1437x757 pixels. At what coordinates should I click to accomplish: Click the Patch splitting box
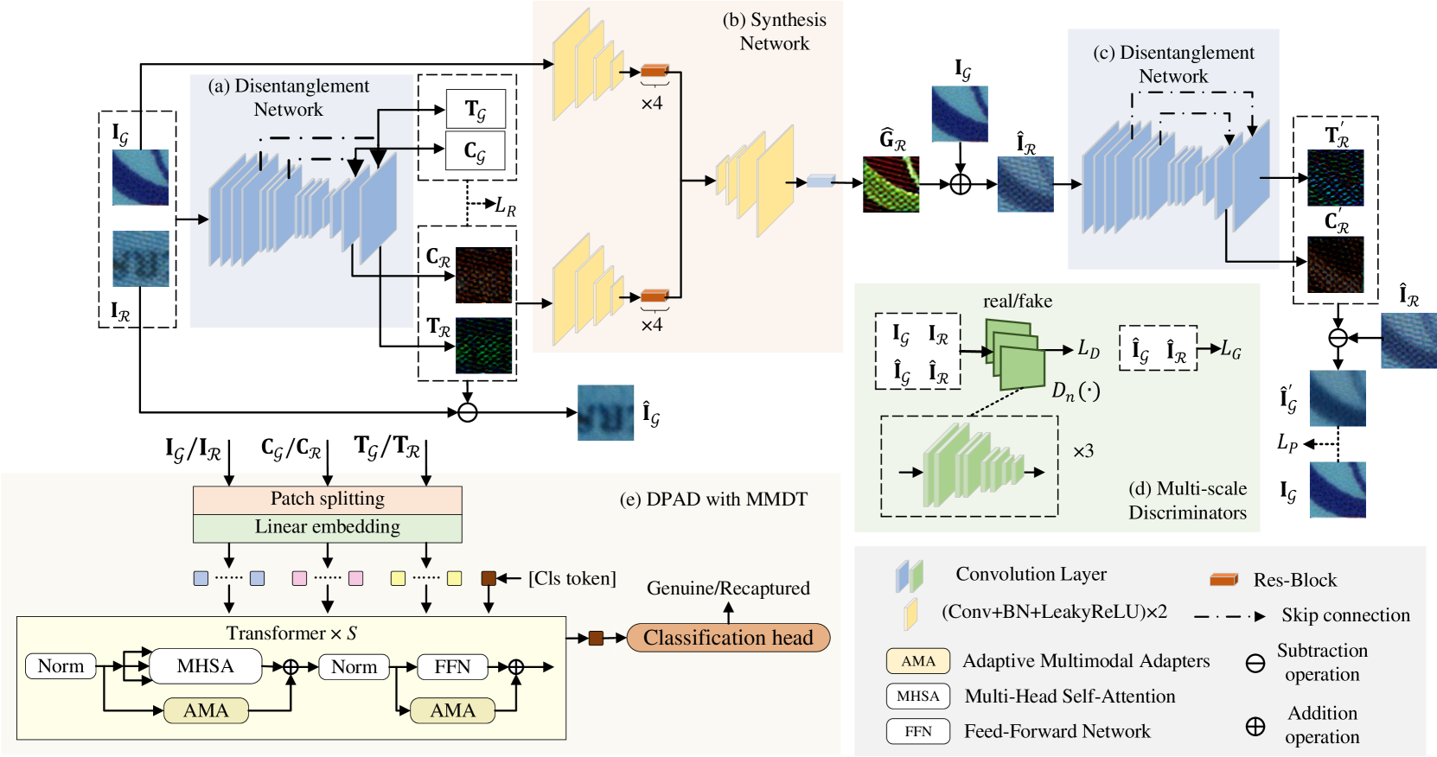327,499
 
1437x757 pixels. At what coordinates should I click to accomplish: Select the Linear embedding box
327,528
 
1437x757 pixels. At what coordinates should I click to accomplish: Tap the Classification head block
728,638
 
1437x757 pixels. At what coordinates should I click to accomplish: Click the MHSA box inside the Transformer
205,666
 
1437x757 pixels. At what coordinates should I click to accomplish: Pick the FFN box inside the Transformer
452,666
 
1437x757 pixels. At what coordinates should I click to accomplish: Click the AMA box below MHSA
206,710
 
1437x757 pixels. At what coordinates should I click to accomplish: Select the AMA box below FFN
453,710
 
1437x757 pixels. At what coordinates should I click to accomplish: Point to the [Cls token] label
572,578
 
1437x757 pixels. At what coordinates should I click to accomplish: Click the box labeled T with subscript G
476,109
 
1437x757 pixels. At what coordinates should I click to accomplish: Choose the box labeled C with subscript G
476,150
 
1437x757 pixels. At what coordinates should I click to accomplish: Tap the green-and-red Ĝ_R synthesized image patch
891,184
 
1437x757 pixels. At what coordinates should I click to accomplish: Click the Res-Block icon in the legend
1223,580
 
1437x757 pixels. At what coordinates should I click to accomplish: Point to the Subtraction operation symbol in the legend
1255,664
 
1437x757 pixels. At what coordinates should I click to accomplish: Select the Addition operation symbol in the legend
1255,726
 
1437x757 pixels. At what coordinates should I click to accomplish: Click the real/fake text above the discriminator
1018,301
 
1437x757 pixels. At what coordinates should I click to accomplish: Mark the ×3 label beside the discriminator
1083,451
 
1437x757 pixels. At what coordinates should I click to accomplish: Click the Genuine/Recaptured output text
728,588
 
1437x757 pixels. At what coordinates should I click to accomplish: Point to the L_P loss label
1287,442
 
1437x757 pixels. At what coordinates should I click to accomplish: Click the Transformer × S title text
292,633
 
